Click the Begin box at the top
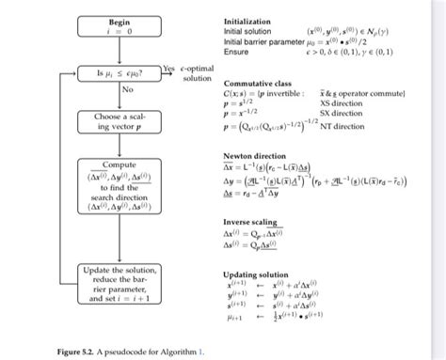(119, 25)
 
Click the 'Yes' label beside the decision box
(168, 68)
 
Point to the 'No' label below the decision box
(127, 89)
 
